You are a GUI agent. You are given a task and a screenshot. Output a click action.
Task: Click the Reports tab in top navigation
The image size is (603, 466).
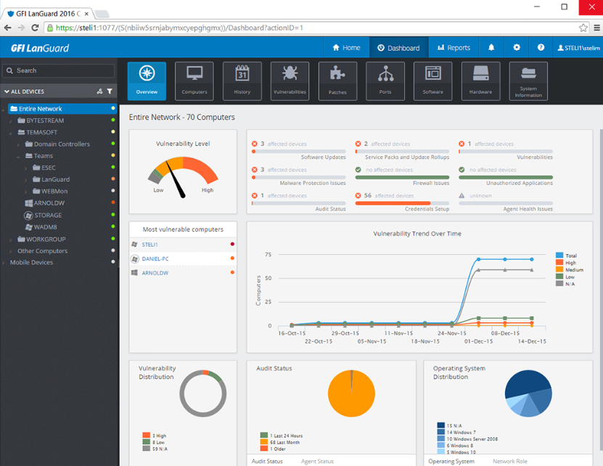pyautogui.click(x=454, y=48)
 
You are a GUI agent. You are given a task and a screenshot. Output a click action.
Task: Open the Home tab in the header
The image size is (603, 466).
pyautogui.click(x=346, y=48)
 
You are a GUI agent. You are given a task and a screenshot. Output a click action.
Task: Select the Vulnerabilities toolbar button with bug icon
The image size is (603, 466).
pyautogui.click(x=290, y=80)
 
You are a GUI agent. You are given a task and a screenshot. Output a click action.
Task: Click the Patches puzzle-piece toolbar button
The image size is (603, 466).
pyautogui.click(x=337, y=80)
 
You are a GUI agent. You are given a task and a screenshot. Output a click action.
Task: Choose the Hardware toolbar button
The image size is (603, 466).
pyautogui.click(x=480, y=80)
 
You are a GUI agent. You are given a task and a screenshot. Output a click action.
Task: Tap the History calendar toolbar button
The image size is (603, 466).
pyautogui.click(x=242, y=80)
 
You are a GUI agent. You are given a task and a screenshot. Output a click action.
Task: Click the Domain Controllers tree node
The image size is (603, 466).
pyautogui.click(x=62, y=144)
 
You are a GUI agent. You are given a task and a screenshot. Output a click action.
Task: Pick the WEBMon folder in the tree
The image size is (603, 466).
pyautogui.click(x=54, y=192)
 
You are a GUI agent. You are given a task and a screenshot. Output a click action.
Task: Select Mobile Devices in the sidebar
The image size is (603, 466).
pyautogui.click(x=31, y=263)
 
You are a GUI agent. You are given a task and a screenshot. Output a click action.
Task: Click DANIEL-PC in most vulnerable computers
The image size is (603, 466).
pyautogui.click(x=155, y=258)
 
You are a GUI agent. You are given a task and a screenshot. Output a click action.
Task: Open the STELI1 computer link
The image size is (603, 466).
pyautogui.click(x=149, y=245)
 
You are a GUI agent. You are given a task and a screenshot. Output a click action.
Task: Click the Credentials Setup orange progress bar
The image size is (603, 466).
pyautogui.click(x=393, y=203)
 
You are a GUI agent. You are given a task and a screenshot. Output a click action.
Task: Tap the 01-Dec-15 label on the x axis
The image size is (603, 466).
pyautogui.click(x=478, y=341)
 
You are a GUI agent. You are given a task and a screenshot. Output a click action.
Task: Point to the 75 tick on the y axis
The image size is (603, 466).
pyautogui.click(x=268, y=255)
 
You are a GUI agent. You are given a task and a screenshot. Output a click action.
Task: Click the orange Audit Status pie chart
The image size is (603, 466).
pyautogui.click(x=351, y=393)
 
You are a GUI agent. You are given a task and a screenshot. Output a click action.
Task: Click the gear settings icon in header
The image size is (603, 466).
pyautogui.click(x=517, y=48)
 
